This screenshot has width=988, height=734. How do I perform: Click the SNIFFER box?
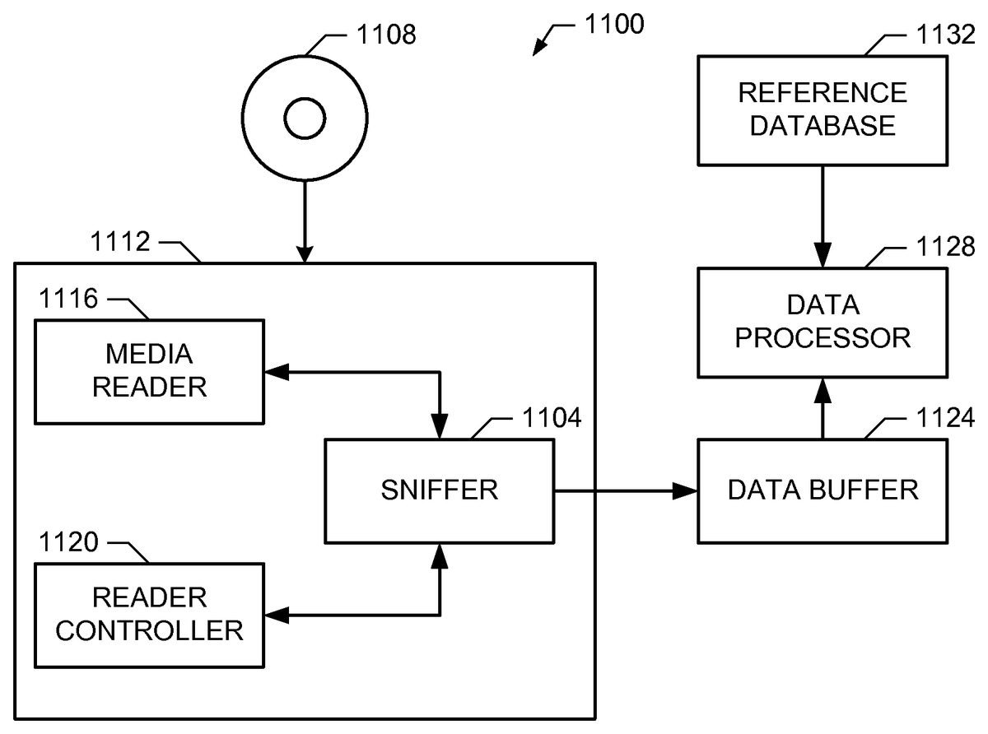[439, 491]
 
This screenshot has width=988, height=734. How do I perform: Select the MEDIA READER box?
[149, 371]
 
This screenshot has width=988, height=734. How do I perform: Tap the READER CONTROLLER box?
[149, 614]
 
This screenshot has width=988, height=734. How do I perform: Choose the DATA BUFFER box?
[823, 491]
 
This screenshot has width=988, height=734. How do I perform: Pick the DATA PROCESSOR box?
[823, 322]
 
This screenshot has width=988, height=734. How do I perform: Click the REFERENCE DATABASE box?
[823, 109]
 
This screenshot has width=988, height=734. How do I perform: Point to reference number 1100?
[613, 25]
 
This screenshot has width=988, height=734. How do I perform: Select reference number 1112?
[119, 244]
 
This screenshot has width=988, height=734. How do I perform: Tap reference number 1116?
[68, 299]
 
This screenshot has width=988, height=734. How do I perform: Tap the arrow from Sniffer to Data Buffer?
[626, 491]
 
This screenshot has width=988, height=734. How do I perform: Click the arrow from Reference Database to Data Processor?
[823, 215]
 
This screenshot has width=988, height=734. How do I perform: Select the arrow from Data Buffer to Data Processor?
[823, 409]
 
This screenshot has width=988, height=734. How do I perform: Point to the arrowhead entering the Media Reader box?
[275, 372]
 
